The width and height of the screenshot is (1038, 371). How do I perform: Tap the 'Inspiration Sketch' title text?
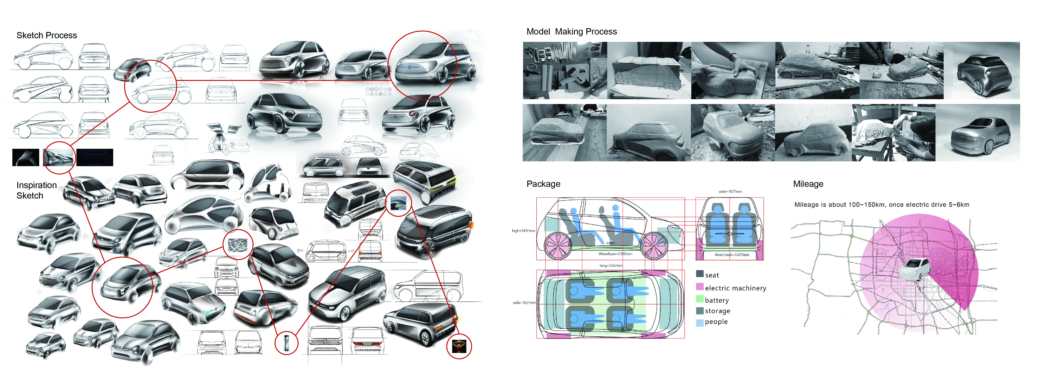tap(36, 190)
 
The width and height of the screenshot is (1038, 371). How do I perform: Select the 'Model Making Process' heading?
tap(571, 32)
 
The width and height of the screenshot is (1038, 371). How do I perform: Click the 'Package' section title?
tap(543, 184)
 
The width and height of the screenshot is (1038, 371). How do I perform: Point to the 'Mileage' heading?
tap(808, 184)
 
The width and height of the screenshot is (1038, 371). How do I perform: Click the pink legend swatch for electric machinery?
tap(699, 287)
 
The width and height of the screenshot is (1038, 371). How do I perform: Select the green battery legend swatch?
tap(699, 299)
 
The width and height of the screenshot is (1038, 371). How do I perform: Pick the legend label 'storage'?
tap(717, 311)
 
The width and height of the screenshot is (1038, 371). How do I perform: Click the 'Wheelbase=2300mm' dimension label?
tap(615, 254)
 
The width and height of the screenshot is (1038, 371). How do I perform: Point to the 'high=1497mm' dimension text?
tap(523, 231)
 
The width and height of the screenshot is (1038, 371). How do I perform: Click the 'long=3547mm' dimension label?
tap(611, 266)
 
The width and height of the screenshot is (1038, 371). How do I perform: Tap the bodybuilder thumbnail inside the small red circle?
tap(459, 346)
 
